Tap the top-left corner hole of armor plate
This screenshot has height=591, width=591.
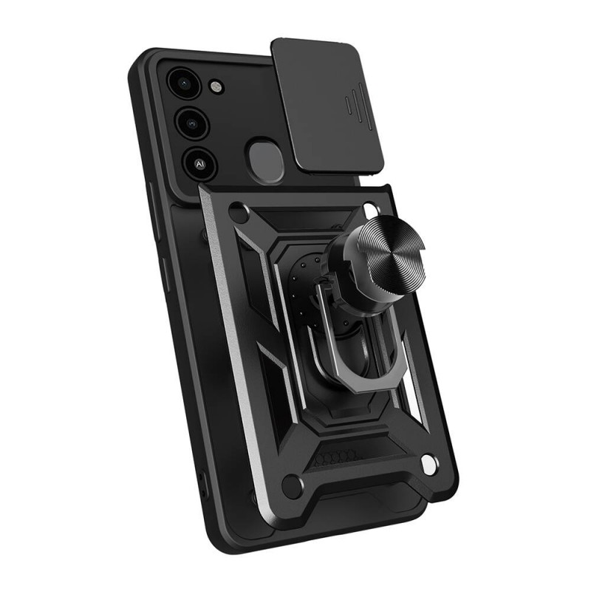(238, 214)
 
